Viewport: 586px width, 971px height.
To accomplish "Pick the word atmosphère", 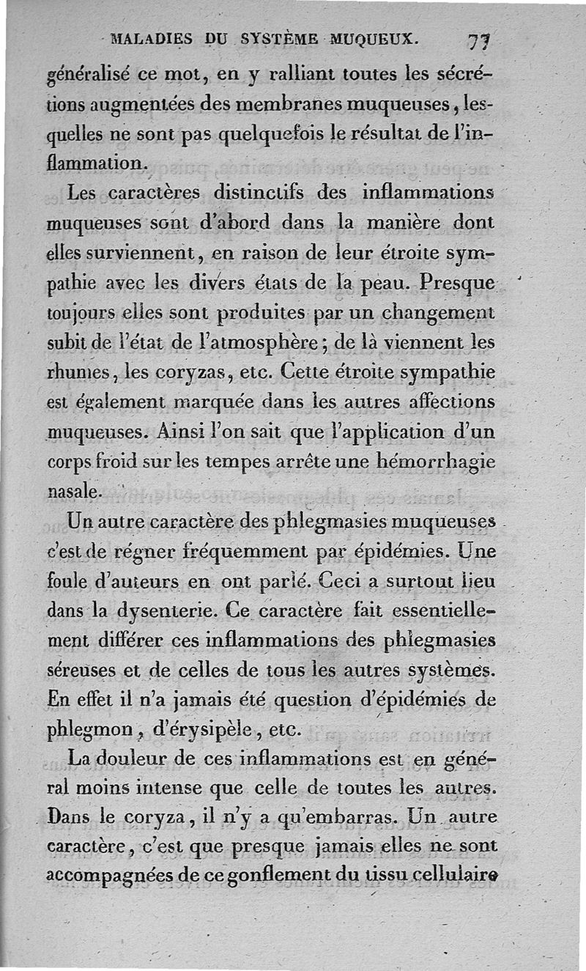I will [x=272, y=341].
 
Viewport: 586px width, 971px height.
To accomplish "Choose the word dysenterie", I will [x=166, y=610].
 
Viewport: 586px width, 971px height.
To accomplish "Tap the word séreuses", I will [x=81, y=671].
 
